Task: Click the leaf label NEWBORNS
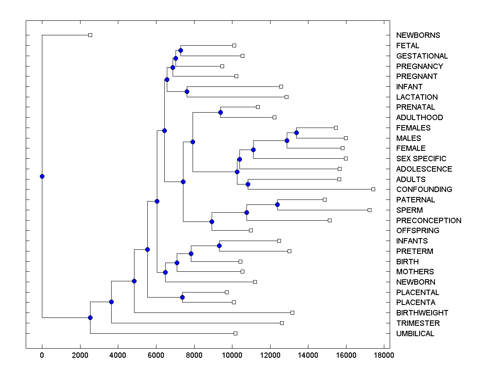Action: pos(418,35)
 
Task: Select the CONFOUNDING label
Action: pos(424,189)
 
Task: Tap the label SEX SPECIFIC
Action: pos(421,159)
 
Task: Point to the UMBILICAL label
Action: pos(415,334)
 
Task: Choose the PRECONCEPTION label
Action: pos(429,221)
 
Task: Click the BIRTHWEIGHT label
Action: pos(422,313)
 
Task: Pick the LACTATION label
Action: pos(417,97)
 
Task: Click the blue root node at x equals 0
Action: pos(42,176)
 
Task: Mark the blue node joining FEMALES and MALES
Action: pos(296,133)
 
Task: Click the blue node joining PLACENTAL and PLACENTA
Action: pos(182,297)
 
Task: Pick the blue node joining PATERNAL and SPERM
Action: pos(277,204)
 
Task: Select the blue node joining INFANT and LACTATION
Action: pos(187,91)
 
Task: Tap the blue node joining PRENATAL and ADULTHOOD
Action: pos(220,112)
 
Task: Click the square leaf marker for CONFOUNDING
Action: pos(373,189)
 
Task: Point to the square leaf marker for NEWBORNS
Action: pos(90,35)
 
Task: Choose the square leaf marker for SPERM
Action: pos(369,210)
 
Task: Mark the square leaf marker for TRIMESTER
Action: pos(282,323)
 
